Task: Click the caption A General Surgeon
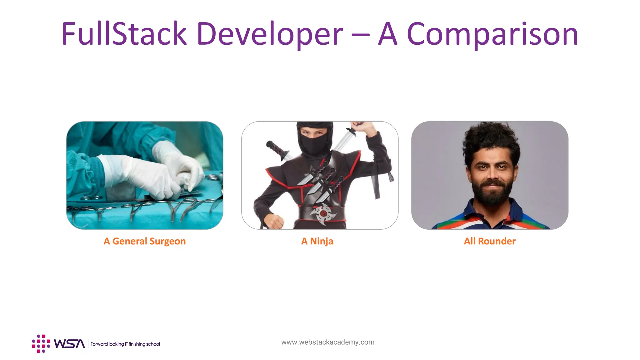click(x=145, y=241)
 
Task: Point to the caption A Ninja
click(x=317, y=241)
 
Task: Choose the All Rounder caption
click(x=490, y=241)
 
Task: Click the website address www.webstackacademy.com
click(x=328, y=342)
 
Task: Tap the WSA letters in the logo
click(x=69, y=344)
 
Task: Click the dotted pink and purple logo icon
click(x=41, y=344)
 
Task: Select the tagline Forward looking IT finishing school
click(x=125, y=344)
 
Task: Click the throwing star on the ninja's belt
click(x=322, y=214)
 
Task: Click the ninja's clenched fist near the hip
click(x=274, y=221)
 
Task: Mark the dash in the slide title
click(x=360, y=35)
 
